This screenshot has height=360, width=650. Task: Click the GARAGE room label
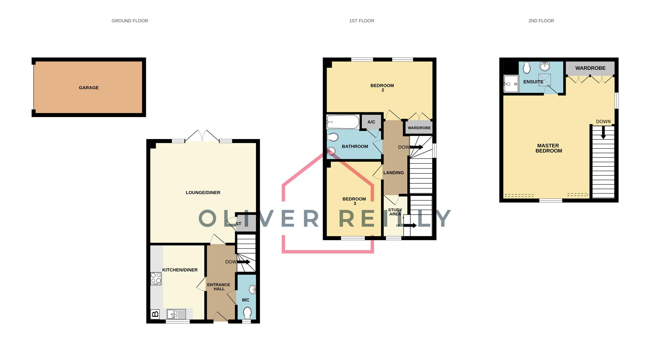click(89, 88)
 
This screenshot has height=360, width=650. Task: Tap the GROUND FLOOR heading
click(130, 21)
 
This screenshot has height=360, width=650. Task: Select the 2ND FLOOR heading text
click(541, 21)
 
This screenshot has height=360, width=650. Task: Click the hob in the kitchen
click(156, 278)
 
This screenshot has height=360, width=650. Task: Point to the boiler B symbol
click(155, 314)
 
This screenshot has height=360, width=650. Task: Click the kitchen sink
click(176, 314)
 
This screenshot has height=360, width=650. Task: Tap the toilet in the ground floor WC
click(247, 313)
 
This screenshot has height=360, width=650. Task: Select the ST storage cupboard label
click(238, 224)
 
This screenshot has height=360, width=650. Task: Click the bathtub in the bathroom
click(343, 122)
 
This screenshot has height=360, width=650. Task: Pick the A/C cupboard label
click(371, 122)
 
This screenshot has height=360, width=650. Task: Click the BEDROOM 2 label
click(382, 88)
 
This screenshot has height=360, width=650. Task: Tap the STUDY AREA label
click(395, 212)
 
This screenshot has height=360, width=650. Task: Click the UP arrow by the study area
click(409, 225)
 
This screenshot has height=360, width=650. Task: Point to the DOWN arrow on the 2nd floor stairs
click(603, 132)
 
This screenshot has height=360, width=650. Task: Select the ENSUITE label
click(533, 82)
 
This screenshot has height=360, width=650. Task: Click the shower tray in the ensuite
click(511, 84)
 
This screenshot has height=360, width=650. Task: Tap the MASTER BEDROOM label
click(548, 148)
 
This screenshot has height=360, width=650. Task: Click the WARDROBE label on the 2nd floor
click(590, 68)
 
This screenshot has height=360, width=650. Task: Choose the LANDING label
click(393, 173)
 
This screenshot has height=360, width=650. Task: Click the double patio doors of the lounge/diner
click(202, 136)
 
